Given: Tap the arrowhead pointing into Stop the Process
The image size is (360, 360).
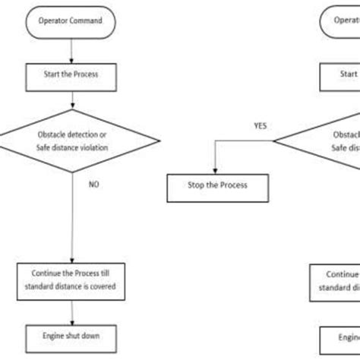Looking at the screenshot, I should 215,171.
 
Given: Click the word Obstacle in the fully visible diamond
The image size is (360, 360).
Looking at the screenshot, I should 50,135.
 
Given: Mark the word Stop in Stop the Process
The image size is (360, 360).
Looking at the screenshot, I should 194,185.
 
